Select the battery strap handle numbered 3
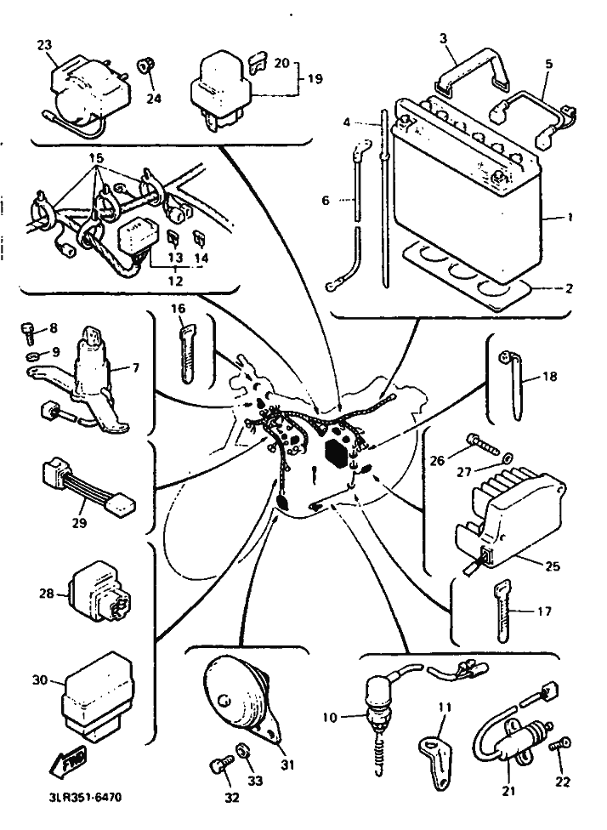click(x=472, y=74)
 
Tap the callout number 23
click(x=45, y=45)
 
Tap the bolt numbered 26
click(x=482, y=445)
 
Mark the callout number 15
click(x=97, y=157)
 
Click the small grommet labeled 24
click(x=146, y=66)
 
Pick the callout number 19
click(x=315, y=79)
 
